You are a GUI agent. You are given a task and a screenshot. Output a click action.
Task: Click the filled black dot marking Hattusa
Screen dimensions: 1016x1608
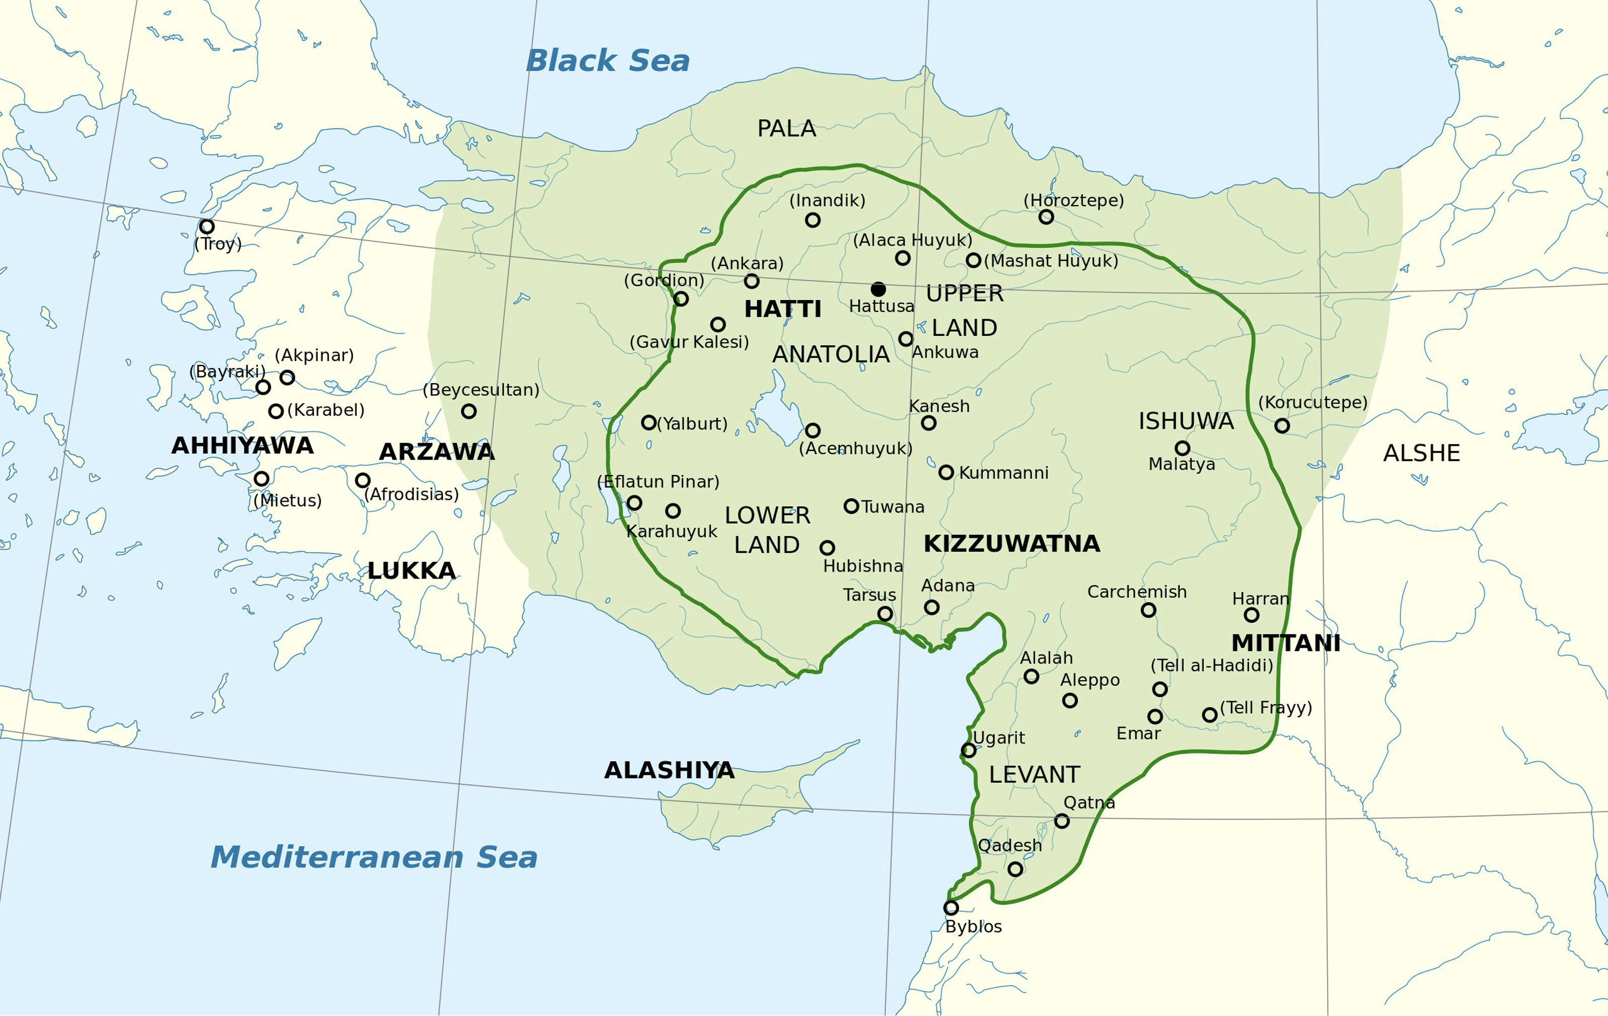878,289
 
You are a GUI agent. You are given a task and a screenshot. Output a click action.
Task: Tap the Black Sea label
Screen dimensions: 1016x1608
608,61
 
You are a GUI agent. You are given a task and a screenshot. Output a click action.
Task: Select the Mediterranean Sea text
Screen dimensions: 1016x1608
374,857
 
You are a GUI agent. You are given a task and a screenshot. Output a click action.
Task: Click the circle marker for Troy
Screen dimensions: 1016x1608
207,227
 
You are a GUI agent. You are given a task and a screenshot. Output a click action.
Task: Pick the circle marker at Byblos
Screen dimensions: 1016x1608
951,908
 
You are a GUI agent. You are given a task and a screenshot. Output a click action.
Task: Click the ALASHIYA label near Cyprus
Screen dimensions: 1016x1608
669,770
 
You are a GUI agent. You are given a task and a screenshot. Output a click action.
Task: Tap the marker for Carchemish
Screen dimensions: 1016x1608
1148,610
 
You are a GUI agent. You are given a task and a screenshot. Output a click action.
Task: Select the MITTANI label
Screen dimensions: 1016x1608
1285,643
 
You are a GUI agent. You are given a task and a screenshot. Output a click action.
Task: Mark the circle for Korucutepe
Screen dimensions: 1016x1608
1281,425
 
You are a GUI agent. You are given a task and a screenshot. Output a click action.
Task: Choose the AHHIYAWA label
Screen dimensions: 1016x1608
242,446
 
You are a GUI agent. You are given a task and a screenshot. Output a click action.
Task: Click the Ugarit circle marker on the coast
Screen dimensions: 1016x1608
968,750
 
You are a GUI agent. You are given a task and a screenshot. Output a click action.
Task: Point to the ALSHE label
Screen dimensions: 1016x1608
1421,454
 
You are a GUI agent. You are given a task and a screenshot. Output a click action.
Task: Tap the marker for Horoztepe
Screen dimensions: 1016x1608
1046,216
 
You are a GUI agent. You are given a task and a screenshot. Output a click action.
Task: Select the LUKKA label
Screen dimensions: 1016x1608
411,571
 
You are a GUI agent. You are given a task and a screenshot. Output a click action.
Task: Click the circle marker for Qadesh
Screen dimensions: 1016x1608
1015,869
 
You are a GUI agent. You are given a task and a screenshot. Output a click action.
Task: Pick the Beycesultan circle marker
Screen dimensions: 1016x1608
469,411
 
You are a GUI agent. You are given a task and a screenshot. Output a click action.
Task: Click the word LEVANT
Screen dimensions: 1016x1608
1034,775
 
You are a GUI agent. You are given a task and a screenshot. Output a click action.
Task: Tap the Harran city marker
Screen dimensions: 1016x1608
1252,615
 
